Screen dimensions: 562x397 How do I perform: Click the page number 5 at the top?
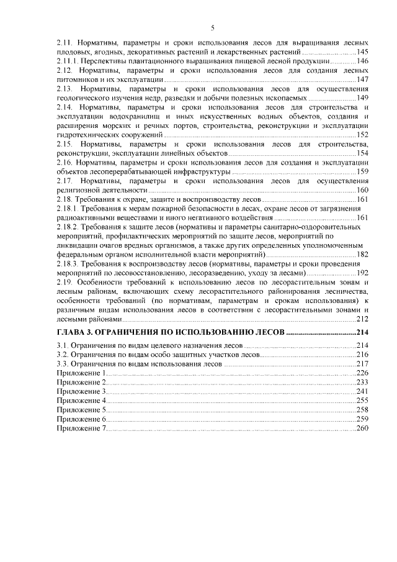[213, 27]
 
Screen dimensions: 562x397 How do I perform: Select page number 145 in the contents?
[363, 52]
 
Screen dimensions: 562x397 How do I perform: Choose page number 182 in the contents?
[363, 254]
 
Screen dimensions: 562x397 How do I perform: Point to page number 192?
[363, 273]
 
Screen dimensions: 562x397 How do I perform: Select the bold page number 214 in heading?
[362, 333]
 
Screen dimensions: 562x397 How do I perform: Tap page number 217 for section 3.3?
[363, 363]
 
